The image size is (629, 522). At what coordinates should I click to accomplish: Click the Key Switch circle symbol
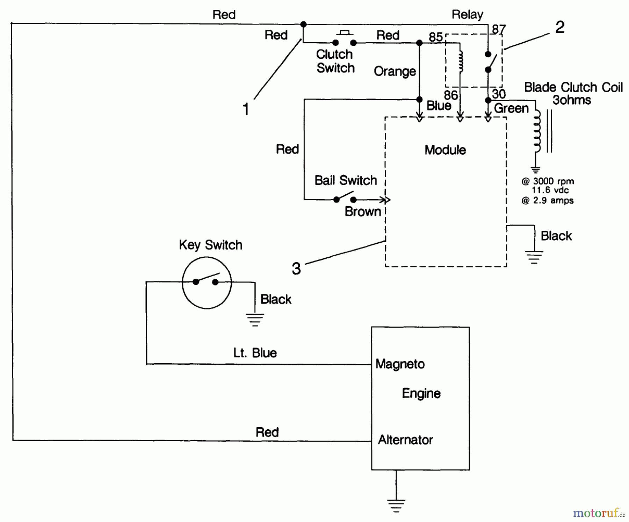[207, 283]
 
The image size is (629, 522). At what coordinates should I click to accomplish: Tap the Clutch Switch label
[335, 61]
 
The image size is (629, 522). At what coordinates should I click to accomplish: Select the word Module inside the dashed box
[445, 150]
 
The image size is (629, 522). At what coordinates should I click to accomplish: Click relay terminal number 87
[499, 29]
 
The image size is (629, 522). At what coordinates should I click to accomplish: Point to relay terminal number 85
[435, 37]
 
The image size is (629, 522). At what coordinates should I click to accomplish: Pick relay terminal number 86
[450, 95]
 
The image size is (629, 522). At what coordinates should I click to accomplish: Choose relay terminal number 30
[499, 94]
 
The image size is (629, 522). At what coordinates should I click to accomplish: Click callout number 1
[246, 109]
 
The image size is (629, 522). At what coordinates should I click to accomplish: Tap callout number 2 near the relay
[559, 27]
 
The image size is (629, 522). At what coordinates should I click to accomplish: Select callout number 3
[296, 269]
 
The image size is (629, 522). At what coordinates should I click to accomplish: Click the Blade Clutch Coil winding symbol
[536, 131]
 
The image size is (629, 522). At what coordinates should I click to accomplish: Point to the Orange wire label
[395, 71]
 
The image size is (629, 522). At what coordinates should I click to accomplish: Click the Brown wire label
[362, 212]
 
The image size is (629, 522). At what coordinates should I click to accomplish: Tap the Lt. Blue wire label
[255, 353]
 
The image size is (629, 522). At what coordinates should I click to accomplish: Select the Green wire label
[511, 108]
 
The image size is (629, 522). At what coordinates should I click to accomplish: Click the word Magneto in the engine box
[400, 364]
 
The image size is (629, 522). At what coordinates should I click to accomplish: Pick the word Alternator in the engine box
[405, 440]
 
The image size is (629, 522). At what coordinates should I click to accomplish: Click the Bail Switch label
[346, 180]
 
